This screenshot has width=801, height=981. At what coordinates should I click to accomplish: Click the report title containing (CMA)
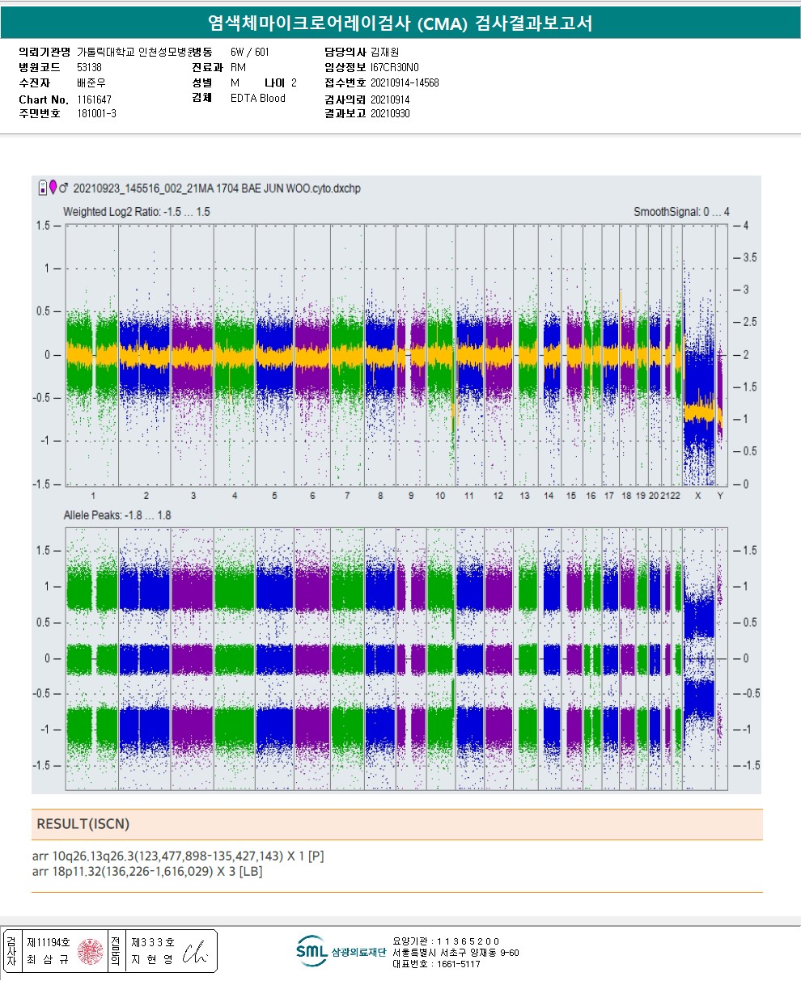(400, 23)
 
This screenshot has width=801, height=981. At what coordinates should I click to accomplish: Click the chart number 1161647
(95, 99)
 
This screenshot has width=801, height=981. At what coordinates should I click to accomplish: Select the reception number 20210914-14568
(405, 82)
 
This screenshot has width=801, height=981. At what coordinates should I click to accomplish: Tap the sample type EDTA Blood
(258, 99)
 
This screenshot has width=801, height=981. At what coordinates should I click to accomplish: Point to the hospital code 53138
(89, 67)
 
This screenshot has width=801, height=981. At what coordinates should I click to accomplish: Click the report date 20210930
(390, 114)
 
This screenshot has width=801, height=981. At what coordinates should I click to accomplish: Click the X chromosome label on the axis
(698, 496)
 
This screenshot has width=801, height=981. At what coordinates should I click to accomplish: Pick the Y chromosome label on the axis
(720, 496)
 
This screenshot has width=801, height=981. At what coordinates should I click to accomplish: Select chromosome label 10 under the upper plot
(440, 496)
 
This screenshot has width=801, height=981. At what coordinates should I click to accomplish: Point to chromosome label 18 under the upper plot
(627, 496)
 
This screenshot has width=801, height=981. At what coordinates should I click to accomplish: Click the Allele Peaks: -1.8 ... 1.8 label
(117, 515)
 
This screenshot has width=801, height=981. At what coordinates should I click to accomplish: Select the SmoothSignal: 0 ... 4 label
(681, 212)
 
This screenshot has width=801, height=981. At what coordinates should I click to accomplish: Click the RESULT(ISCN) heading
(83, 824)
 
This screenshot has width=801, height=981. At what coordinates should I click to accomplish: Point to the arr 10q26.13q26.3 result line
(178, 856)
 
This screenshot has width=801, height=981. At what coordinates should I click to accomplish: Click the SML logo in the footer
(311, 952)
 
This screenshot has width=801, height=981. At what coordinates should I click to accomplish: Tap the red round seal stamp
(91, 950)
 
